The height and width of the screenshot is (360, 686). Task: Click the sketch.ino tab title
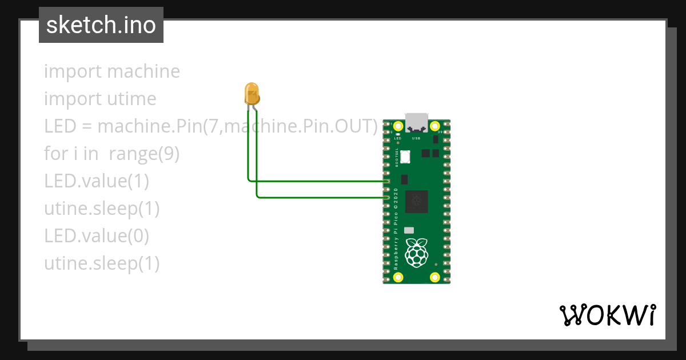click(101, 25)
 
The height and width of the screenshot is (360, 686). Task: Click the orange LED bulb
click(252, 93)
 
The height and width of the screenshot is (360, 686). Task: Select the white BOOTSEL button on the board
click(406, 156)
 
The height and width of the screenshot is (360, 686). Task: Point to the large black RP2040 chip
click(416, 202)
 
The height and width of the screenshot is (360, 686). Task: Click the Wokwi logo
click(607, 315)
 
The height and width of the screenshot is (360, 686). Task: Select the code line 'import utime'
click(100, 99)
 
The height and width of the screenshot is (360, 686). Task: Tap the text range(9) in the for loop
click(144, 154)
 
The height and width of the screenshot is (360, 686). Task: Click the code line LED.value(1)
click(97, 181)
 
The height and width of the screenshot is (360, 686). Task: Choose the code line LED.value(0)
click(97, 236)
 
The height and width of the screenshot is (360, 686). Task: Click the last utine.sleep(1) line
click(102, 263)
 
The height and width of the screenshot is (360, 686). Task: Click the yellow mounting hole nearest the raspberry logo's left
click(398, 278)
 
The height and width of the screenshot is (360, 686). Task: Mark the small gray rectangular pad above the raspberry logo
click(409, 230)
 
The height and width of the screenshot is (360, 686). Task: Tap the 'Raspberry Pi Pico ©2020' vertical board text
click(396, 229)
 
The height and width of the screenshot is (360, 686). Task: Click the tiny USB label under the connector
click(416, 138)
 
